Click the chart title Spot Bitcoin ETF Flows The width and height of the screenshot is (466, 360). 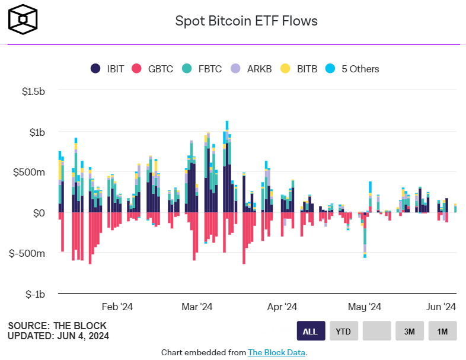click(x=246, y=21)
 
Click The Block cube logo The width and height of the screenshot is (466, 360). click(x=23, y=19)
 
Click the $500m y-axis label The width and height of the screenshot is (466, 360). click(x=30, y=173)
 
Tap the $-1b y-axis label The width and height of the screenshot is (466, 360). click(x=33, y=294)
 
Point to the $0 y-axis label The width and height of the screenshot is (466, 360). click(x=38, y=213)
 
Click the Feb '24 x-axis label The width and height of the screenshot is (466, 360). click(x=118, y=307)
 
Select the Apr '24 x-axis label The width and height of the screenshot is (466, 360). click(x=282, y=307)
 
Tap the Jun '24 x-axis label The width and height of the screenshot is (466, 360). click(x=442, y=307)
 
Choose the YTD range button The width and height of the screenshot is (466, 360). click(x=343, y=331)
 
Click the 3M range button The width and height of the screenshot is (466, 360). click(x=410, y=331)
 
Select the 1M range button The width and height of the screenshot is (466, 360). click(x=442, y=331)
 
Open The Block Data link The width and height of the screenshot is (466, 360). click(x=276, y=352)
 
